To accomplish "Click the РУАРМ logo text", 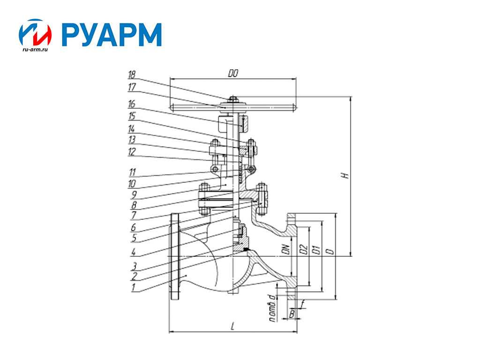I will click(x=112, y=35).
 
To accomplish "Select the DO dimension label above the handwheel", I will click(x=233, y=74).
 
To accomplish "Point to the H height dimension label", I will click(x=345, y=176).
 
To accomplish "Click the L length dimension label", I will click(x=233, y=327).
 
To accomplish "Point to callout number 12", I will click(x=132, y=151).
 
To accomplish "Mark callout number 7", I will click(x=133, y=215).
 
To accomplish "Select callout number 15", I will click(x=132, y=116).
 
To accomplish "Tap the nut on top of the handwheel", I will click(x=232, y=98).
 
